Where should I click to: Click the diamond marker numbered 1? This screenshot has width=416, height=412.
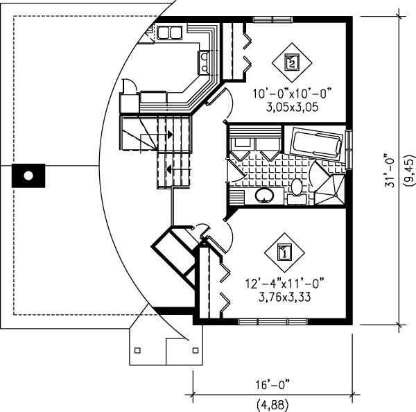(x=284, y=252)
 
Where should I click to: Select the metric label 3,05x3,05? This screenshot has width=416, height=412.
(x=291, y=108)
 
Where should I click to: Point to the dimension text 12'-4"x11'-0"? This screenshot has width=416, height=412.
(x=284, y=283)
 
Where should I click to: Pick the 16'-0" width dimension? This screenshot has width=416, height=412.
(x=271, y=383)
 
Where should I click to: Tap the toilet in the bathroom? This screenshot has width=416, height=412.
(x=296, y=187)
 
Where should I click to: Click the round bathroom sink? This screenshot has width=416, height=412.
(x=265, y=195)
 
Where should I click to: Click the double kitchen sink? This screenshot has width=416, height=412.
(x=168, y=33)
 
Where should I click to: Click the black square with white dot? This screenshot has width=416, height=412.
(x=28, y=175)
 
